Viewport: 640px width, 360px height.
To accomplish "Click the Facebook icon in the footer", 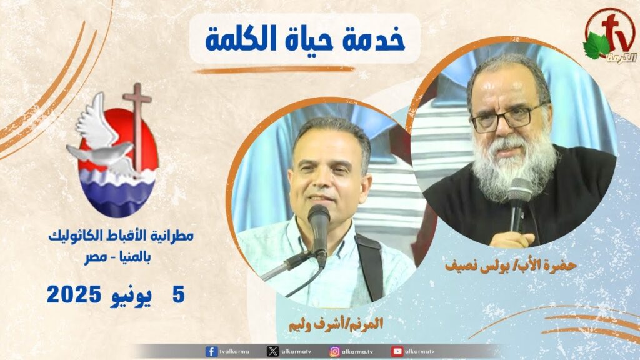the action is (211, 351).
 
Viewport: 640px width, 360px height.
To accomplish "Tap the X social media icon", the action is (272, 351).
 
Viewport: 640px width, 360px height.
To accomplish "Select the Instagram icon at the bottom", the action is (335, 351).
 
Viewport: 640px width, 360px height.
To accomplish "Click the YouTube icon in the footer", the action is (397, 351).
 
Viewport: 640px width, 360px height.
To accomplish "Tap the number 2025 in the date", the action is (74, 295).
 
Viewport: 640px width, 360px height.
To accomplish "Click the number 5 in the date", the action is (179, 295).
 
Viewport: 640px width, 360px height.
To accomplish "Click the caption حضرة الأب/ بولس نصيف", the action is (511, 265).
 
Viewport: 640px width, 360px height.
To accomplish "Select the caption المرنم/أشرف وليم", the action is (336, 324).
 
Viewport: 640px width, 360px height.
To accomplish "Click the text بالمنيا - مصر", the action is (117, 258).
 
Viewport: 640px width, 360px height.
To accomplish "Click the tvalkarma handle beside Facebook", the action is (234, 351).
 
